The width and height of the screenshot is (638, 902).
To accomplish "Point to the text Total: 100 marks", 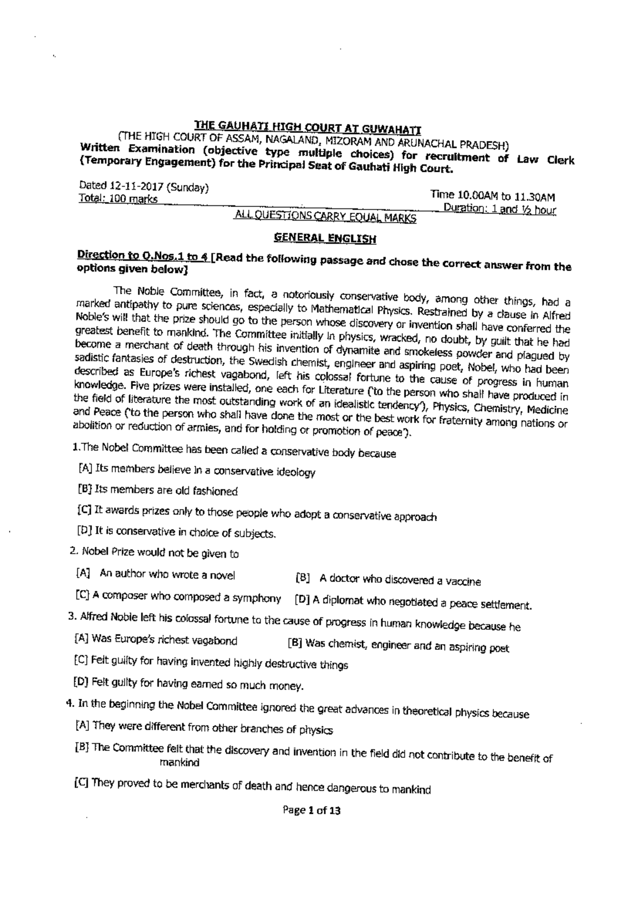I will pos(117,199).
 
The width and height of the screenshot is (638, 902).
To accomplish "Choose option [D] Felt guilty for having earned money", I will pos(189,684).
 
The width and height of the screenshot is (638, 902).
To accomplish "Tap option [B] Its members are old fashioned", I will pos(158,490).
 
